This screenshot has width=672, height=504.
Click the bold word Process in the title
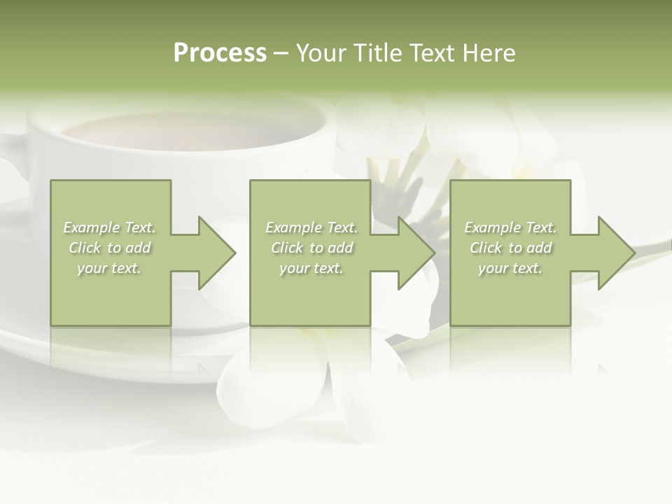[220, 53]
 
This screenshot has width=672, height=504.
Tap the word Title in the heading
[377, 53]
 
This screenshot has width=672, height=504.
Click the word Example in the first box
[91, 227]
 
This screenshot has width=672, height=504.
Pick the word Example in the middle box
[293, 227]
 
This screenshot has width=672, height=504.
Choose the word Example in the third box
[492, 227]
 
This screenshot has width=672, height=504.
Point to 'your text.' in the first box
[109, 268]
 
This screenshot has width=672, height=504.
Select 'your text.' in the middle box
[311, 268]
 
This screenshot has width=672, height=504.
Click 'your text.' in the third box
[510, 268]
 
